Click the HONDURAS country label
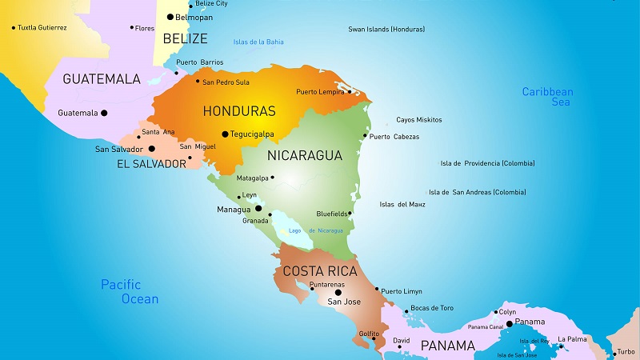tap(239, 111)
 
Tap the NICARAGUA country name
tap(305, 155)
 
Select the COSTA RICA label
tap(319, 271)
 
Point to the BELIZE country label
tap(185, 38)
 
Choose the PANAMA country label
tap(448, 346)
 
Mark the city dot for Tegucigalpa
tap(225, 134)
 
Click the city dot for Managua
tap(258, 208)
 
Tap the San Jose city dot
tap(338, 292)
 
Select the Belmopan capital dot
tap(170, 17)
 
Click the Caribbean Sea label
tap(547, 97)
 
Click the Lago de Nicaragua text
tap(316, 230)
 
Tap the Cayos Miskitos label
tap(419, 120)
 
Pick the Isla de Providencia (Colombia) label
tap(487, 163)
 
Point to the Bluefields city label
tap(331, 214)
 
